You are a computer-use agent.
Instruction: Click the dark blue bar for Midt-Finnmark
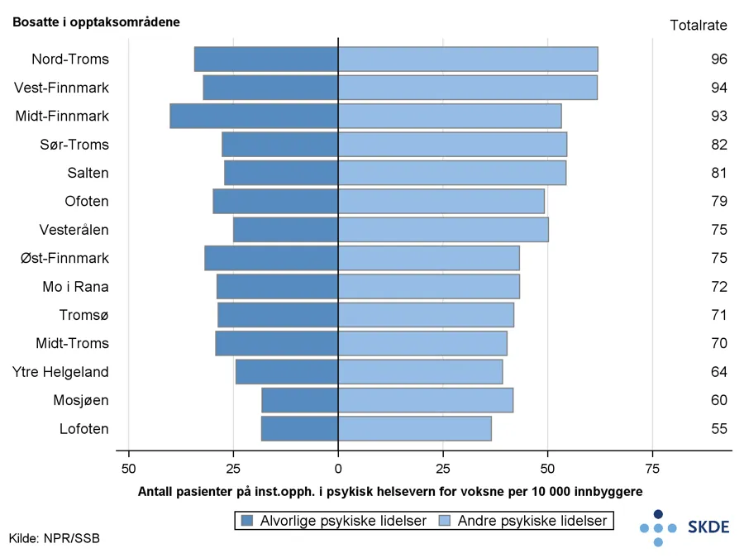click(x=255, y=116)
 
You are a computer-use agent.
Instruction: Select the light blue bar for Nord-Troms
click(x=468, y=60)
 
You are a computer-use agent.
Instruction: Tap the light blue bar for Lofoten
click(x=415, y=428)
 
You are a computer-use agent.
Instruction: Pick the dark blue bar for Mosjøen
click(x=300, y=400)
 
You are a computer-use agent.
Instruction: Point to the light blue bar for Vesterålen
click(x=443, y=230)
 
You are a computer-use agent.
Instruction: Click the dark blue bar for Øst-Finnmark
click(x=272, y=258)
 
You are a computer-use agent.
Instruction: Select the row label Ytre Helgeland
click(x=60, y=372)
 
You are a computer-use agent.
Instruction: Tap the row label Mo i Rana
click(x=75, y=287)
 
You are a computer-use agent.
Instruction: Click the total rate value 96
click(x=718, y=60)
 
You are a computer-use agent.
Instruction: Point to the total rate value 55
click(x=718, y=428)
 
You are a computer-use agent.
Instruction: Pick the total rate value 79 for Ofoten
click(x=718, y=202)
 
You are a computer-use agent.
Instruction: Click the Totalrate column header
click(x=698, y=25)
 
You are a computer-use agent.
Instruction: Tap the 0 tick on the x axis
click(x=338, y=468)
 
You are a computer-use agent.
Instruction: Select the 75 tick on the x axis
click(x=652, y=468)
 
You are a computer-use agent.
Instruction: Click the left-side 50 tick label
click(x=128, y=468)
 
